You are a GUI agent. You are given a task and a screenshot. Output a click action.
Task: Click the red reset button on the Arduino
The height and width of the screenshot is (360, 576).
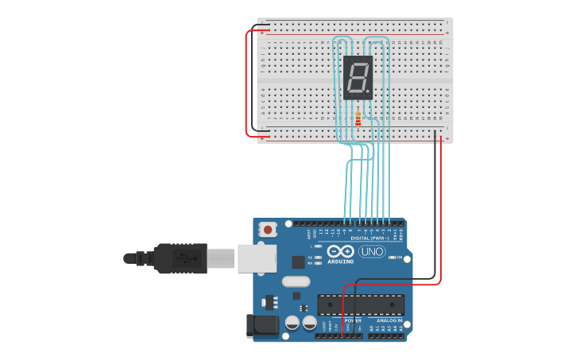[x=268, y=230]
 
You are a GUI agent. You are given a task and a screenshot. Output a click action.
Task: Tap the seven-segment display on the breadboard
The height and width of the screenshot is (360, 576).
[x=358, y=78]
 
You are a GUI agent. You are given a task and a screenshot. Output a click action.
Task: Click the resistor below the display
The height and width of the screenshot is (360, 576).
[x=358, y=119]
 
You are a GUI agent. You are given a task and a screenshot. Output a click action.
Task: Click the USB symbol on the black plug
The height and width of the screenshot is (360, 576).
[x=184, y=259]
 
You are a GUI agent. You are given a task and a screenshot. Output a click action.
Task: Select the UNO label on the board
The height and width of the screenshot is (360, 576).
[x=371, y=252]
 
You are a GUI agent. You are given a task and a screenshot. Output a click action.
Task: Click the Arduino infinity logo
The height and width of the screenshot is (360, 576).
[x=339, y=251]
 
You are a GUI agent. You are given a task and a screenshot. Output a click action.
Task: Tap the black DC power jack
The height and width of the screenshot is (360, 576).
[x=261, y=324]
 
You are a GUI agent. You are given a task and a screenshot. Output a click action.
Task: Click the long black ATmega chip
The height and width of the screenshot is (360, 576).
[x=361, y=304]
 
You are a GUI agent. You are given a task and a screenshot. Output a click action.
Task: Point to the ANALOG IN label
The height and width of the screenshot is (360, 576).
[x=385, y=320]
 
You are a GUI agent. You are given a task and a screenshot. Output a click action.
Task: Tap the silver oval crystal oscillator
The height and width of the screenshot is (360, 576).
[x=296, y=281]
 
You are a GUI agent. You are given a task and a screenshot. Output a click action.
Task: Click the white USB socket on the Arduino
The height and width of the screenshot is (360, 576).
[x=257, y=258]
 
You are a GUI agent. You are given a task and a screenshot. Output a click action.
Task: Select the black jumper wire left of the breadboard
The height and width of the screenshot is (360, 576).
[x=252, y=79]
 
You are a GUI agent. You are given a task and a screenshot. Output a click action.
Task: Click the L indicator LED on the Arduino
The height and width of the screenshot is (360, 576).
[x=318, y=246]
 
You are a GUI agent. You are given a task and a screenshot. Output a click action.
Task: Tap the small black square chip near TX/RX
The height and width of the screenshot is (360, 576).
[x=298, y=261]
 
